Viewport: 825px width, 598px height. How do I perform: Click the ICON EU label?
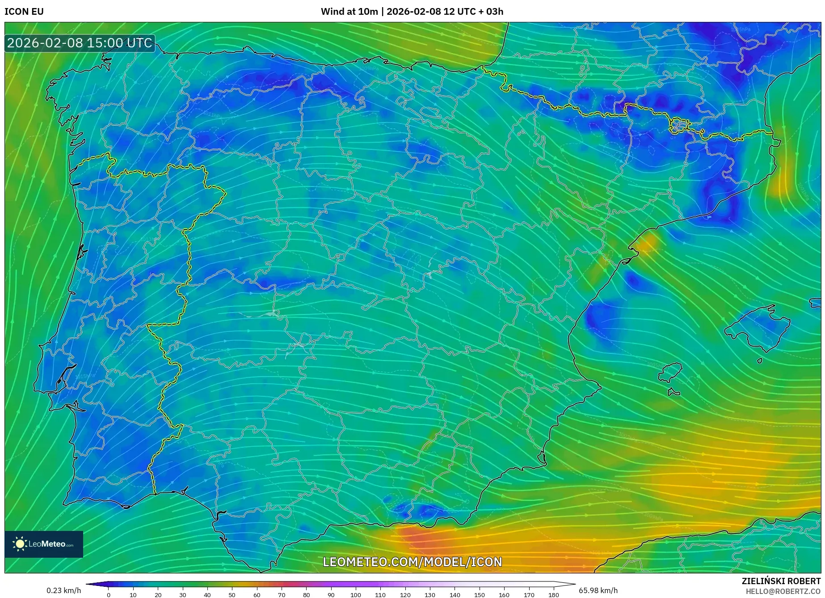click(24, 12)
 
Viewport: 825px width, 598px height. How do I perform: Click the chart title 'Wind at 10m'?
click(349, 12)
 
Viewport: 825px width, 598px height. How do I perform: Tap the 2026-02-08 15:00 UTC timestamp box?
click(80, 43)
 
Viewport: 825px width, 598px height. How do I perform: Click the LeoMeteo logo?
click(44, 544)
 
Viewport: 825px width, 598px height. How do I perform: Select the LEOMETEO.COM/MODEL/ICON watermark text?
click(412, 562)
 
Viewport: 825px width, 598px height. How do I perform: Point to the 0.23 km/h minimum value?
click(64, 590)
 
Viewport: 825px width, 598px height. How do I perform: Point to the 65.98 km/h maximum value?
click(598, 590)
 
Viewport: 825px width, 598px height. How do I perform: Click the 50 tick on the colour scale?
click(232, 595)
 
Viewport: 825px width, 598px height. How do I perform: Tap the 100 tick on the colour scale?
click(356, 595)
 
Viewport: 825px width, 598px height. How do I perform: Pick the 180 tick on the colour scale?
click(553, 595)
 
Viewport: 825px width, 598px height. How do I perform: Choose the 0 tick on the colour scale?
click(109, 595)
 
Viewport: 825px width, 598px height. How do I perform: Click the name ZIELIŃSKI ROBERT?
click(781, 581)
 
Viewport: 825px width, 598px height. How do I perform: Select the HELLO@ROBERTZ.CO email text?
click(783, 591)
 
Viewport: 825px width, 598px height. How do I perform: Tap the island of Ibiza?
click(670, 373)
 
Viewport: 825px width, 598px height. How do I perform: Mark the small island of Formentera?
click(673, 393)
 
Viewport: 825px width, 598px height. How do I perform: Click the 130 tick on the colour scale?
click(430, 595)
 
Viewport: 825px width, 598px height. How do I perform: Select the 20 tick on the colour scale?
click(158, 595)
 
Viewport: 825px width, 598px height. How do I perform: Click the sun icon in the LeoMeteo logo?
click(20, 544)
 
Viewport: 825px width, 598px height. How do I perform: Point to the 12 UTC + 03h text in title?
click(473, 12)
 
